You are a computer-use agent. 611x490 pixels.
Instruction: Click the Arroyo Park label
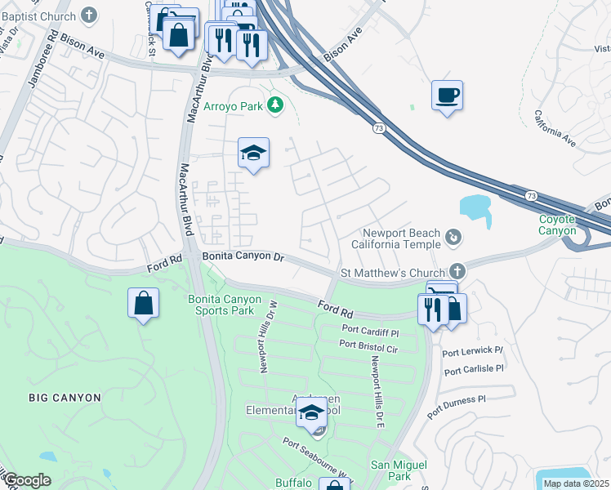[233, 106]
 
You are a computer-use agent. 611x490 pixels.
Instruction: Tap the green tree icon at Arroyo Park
[276, 105]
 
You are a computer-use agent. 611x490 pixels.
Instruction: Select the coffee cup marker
[447, 96]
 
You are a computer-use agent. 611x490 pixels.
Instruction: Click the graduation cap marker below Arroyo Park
[253, 152]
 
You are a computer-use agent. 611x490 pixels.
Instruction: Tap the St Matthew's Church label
[392, 271]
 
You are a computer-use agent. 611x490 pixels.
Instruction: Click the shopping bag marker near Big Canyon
[143, 303]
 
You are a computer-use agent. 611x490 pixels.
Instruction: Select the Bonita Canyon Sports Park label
[221, 305]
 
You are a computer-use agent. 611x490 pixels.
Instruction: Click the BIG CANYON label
[65, 398]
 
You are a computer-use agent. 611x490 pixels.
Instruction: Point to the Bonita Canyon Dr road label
[243, 256]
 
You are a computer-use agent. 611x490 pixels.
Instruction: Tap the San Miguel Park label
[390, 470]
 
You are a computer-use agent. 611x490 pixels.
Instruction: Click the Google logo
[27, 479]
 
